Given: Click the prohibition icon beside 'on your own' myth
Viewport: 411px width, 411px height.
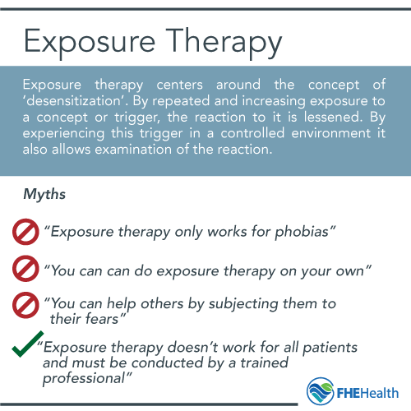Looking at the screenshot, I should [x=25, y=268].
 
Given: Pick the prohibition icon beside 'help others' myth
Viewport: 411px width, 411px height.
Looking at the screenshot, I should [x=25, y=303].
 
